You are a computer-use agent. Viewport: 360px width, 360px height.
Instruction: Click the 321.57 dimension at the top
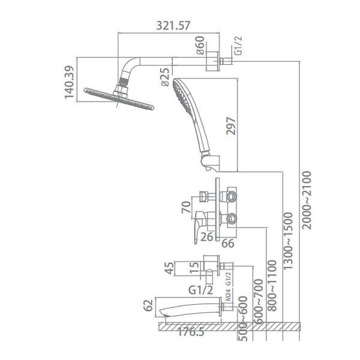pos(173,25)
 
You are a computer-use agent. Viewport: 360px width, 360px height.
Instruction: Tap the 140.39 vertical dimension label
pos(70,82)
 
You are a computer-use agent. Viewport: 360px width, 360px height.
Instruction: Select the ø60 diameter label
pos(200,45)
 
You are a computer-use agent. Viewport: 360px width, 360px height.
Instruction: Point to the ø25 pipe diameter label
pos(166,77)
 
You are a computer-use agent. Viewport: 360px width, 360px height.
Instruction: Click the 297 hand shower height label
pos(231,126)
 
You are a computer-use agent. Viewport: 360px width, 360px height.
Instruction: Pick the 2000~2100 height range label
pos(307,200)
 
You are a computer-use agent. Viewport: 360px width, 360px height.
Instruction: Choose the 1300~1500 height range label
pos(289,241)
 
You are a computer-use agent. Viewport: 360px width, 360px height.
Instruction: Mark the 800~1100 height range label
pos(272,286)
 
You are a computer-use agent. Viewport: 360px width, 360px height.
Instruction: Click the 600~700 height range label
pos(259,301)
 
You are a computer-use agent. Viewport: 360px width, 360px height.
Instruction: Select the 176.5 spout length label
pos(191,332)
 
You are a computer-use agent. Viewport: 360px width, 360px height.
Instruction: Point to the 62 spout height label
pos(148,305)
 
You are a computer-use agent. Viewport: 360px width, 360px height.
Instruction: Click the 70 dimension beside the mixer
pos(186,207)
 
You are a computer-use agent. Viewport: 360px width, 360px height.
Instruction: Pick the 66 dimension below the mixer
pos(228,244)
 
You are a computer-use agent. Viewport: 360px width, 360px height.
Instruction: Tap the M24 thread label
pos(229,295)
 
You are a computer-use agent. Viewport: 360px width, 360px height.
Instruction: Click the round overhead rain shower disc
pos(119,99)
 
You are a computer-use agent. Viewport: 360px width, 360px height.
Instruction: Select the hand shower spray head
pos(183,97)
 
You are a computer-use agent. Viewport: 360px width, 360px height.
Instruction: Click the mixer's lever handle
pos(200,226)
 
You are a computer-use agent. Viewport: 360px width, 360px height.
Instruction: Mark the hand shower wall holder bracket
pos(211,163)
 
